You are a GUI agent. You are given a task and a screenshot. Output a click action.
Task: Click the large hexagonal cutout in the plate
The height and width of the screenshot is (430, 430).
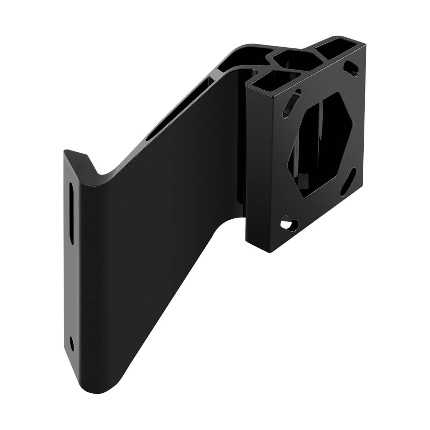tap(320, 143)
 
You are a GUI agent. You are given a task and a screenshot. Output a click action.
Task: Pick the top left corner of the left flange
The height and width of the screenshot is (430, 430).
tap(65, 152)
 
